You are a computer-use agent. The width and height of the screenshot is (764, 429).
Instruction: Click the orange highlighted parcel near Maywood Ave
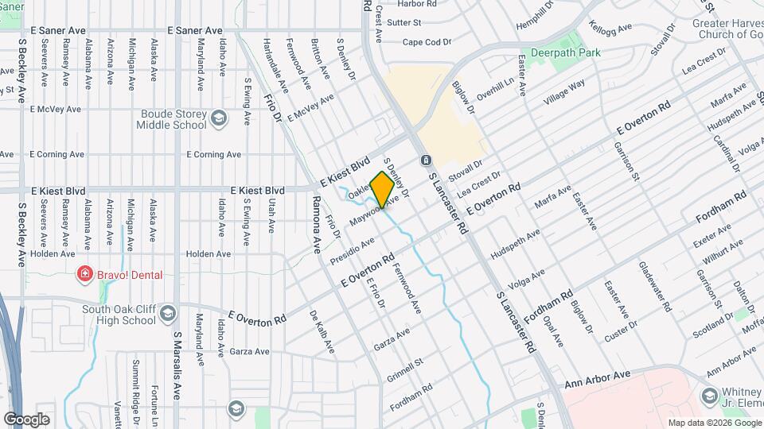[x=383, y=189]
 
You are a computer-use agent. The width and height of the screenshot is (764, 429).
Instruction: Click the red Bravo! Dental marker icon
[x=83, y=275]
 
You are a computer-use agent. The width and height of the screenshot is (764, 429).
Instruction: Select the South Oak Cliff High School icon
[x=167, y=314]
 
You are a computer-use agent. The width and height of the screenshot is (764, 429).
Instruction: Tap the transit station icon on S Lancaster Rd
[x=426, y=160]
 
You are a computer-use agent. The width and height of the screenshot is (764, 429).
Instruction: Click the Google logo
[x=26, y=419]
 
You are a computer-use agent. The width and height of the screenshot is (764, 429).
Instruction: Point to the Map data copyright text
[x=714, y=422]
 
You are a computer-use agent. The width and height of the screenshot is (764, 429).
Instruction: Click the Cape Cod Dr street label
[x=427, y=42]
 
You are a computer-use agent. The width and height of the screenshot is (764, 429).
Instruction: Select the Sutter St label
[x=403, y=23]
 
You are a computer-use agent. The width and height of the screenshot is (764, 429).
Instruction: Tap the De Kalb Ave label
[x=323, y=332]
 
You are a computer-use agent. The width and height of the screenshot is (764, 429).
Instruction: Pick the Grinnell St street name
[x=404, y=370]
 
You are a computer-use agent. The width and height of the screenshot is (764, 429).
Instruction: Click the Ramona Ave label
[x=315, y=224]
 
